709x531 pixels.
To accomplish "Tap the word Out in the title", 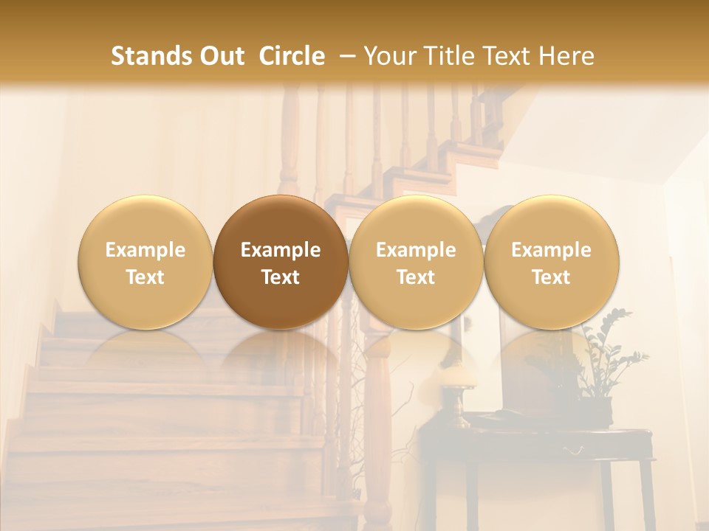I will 221,56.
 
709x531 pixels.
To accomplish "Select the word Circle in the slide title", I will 292,56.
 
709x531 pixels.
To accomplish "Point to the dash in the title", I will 344,56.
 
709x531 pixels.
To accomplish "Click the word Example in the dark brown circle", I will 281,250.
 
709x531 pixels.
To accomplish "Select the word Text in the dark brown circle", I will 281,277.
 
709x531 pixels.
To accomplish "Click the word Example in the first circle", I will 145,250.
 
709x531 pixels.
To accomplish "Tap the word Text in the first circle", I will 145,277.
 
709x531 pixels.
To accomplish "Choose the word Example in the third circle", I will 416,250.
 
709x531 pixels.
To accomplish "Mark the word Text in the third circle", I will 416,277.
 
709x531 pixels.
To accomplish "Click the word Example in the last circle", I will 551,250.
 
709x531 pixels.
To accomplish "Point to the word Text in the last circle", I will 551,277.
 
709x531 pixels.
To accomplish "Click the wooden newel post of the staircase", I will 378,428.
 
